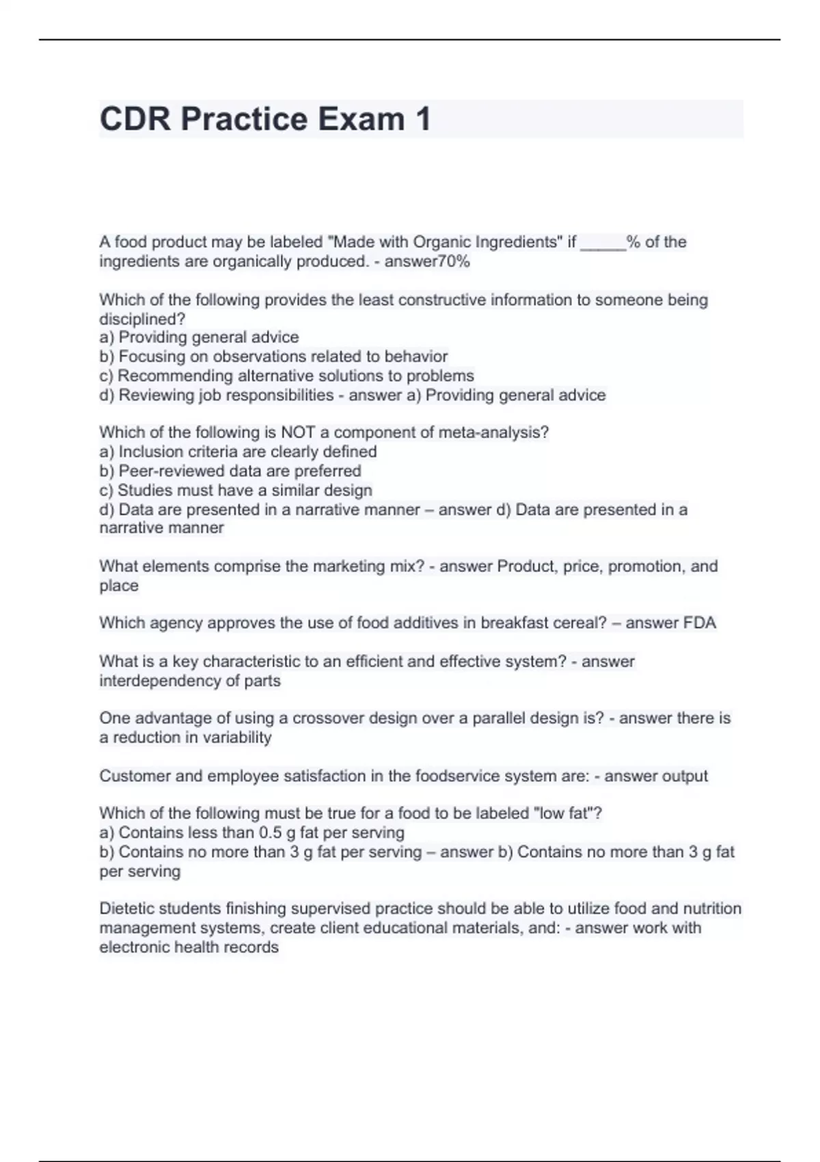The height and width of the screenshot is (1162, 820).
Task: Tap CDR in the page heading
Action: coord(135,119)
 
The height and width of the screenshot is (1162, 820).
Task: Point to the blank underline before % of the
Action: coord(603,243)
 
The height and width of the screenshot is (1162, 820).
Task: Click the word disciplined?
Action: coord(142,319)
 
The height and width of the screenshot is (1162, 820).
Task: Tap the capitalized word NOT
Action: coord(297,433)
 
